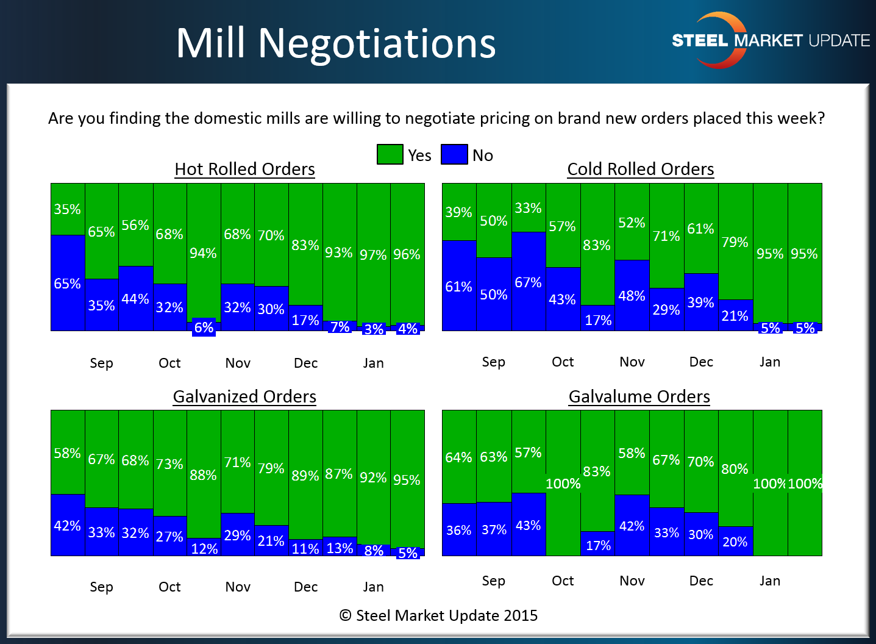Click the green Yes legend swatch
(390, 154)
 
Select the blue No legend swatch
(454, 154)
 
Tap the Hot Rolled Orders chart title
(244, 169)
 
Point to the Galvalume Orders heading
(639, 396)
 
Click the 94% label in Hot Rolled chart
(203, 253)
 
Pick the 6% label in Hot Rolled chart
(204, 328)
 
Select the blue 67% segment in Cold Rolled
(528, 282)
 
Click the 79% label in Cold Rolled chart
(735, 242)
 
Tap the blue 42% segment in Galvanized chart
(67, 525)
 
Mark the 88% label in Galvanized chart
(203, 475)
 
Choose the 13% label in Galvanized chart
(340, 548)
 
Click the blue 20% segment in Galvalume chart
(735, 542)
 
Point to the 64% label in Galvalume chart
(458, 457)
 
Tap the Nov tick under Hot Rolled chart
(238, 363)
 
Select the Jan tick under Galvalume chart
(770, 581)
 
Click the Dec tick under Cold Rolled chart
(701, 362)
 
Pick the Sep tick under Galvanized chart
(101, 587)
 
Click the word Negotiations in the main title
(377, 43)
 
